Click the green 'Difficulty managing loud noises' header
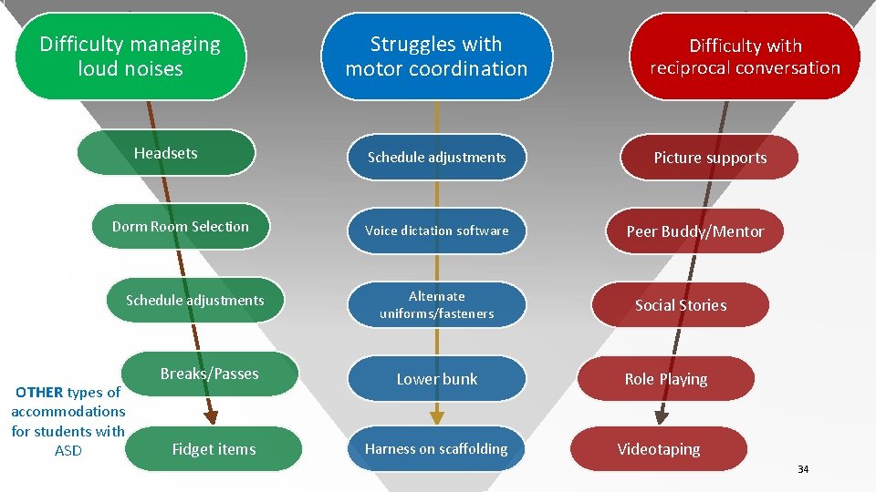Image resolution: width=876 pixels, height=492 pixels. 130,56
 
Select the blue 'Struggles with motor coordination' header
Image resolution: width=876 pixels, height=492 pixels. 436,56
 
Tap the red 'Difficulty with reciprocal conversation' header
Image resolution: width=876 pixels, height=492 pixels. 745,56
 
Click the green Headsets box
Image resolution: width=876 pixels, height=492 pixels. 166,153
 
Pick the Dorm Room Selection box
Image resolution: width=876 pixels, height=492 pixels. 181,226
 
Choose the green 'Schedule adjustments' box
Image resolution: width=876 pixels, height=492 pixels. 195,300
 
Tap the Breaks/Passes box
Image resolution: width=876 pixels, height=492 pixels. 210,374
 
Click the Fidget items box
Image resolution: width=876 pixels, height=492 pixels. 214,448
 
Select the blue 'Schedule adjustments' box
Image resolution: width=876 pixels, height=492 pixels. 436,158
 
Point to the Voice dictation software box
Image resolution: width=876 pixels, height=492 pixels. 436,231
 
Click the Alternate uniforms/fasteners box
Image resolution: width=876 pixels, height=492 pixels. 436,304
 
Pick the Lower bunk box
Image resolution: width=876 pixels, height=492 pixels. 436,379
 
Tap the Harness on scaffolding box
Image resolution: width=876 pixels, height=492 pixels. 436,448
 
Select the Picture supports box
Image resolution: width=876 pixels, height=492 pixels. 710,158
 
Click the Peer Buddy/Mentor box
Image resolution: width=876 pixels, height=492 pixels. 695,231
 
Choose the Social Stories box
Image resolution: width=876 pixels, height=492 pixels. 681,305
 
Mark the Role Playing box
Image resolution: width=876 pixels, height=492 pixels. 666,379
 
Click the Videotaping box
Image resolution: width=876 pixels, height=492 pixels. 659,448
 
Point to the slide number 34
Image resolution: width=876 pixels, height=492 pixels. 803,469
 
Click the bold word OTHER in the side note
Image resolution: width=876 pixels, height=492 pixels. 39,393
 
